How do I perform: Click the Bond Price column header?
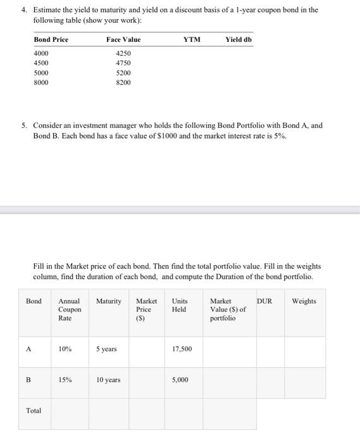pyautogui.click(x=51, y=39)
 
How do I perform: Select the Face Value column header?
pyautogui.click(x=123, y=39)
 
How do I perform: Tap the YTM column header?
pyautogui.click(x=192, y=39)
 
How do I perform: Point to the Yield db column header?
pyautogui.click(x=238, y=39)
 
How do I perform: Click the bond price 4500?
pyautogui.click(x=40, y=63)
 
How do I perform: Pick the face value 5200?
pyautogui.click(x=123, y=73)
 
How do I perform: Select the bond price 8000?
pyautogui.click(x=40, y=82)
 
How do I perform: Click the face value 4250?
pyautogui.click(x=123, y=54)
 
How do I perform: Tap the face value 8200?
pyautogui.click(x=123, y=82)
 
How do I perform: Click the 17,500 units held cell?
pyautogui.click(x=182, y=349)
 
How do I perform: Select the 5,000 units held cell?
pyautogui.click(x=180, y=380)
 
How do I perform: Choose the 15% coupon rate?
pyautogui.click(x=65, y=380)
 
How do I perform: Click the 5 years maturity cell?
pyautogui.click(x=106, y=349)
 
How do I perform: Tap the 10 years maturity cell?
pyautogui.click(x=108, y=380)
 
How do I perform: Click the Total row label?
pyautogui.click(x=34, y=411)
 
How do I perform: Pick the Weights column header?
pyautogui.click(x=304, y=301)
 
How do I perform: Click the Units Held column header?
pyautogui.click(x=179, y=305)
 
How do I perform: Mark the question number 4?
pyautogui.click(x=23, y=10)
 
